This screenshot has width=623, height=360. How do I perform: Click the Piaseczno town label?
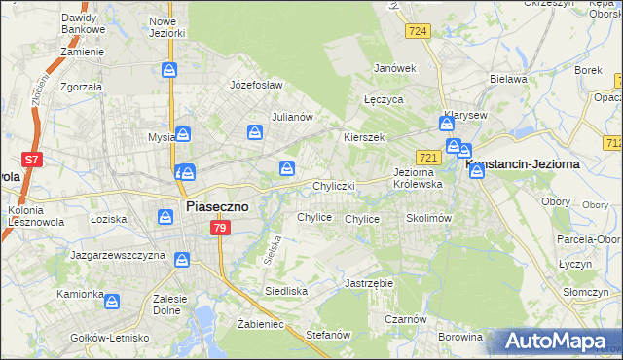coord(217,206)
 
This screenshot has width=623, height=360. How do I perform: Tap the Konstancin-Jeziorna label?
coord(531,163)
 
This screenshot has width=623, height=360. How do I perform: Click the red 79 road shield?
coord(220,228)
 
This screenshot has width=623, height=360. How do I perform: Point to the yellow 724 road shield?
coord(419,31)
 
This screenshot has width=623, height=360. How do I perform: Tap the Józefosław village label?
coord(256,85)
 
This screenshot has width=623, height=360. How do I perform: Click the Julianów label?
coord(291,117)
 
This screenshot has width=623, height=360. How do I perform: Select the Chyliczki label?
coord(334,185)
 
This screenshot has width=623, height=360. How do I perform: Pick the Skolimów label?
coord(428,219)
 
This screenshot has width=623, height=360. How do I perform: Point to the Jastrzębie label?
coord(368,283)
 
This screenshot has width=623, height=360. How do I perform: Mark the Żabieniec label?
coord(260,325)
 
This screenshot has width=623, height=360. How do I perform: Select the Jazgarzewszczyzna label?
coord(115,254)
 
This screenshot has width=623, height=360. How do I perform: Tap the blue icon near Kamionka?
coord(113,303)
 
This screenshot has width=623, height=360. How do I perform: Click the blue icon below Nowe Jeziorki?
coord(169,70)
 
